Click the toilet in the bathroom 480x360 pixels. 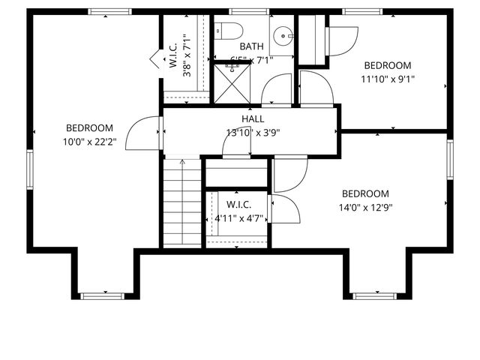coord(230,31)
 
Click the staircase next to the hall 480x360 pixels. coord(182,202)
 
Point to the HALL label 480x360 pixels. coord(253,119)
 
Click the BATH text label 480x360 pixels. coord(251,46)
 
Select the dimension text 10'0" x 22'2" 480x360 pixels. coord(89,142)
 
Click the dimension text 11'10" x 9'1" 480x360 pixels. coord(387,79)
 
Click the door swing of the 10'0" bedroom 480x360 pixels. coord(142,133)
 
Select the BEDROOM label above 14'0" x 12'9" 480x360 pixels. coord(365,193)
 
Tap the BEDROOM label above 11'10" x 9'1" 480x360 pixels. coord(387,65)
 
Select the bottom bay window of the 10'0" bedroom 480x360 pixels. coord(102,295)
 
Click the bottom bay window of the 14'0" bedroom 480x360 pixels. coord(374,295)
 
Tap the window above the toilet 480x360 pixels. coord(239,11)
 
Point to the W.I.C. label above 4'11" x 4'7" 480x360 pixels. coord(238,205)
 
